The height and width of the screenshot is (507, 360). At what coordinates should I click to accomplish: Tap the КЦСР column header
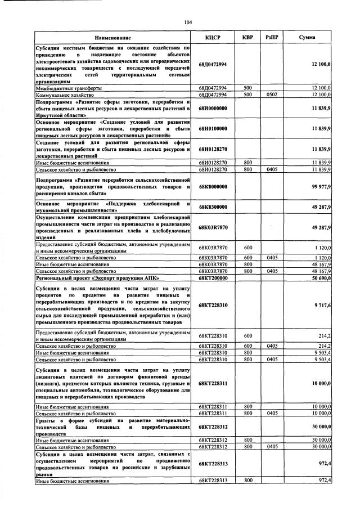point(213,38)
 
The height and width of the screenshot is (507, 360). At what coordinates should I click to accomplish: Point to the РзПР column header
point(272,38)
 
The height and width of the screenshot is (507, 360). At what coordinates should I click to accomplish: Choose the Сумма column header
point(307,38)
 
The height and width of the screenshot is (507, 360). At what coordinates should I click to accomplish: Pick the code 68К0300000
point(213,207)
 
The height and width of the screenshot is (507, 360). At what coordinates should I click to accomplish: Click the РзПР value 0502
point(272,95)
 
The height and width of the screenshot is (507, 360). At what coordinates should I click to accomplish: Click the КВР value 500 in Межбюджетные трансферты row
point(247,88)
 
